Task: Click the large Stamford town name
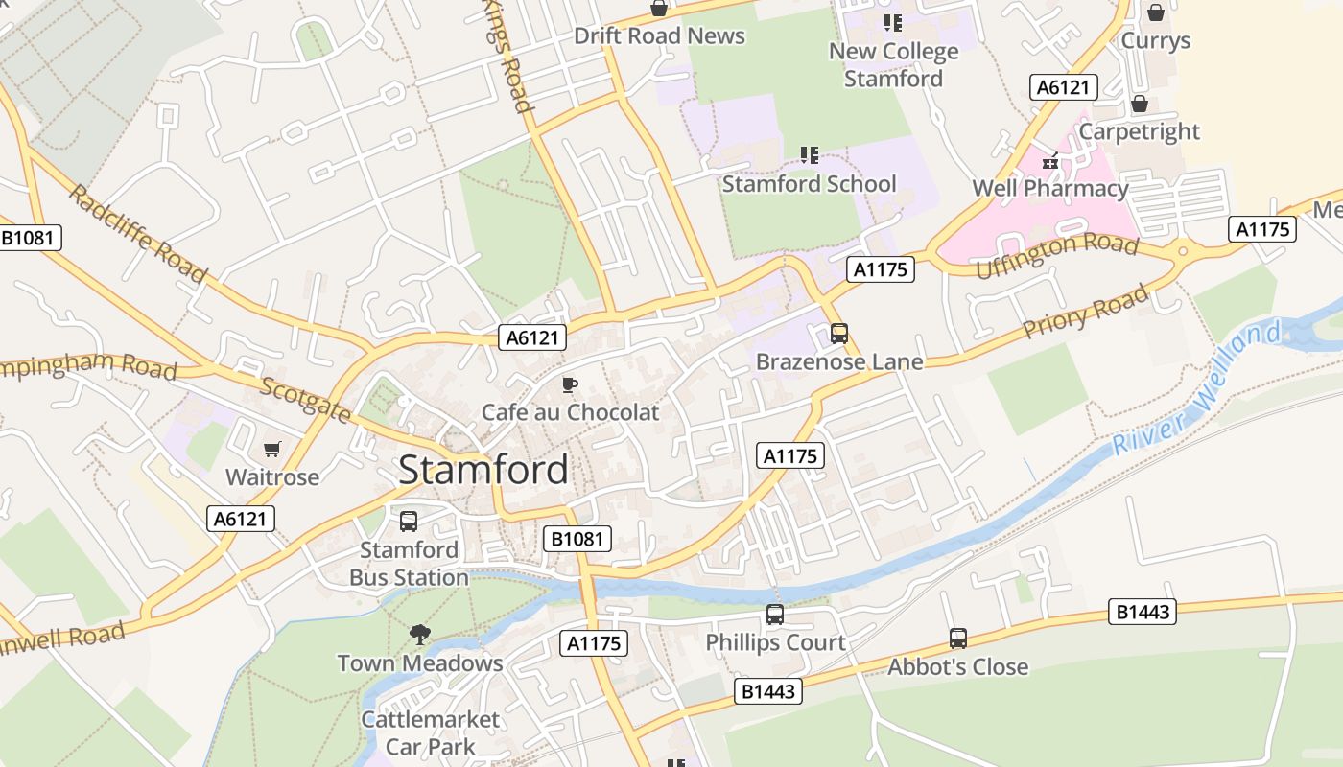coord(483,470)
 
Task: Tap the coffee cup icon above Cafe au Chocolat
coord(570,385)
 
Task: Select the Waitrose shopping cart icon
coord(272,449)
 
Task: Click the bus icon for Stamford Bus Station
coord(409,522)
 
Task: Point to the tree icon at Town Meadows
coord(419,634)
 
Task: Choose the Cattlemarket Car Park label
coord(430,732)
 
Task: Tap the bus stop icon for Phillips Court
coord(774,615)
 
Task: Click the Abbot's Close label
coord(957,666)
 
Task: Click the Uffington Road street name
coord(1056,255)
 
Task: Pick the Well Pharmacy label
coord(1049,188)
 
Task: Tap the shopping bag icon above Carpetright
coord(1140,104)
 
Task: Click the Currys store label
coord(1155,40)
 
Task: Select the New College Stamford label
coord(893,65)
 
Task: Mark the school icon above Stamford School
coord(809,154)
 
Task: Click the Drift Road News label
coord(659,36)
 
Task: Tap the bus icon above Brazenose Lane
coord(839,334)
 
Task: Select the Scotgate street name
coord(306,400)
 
